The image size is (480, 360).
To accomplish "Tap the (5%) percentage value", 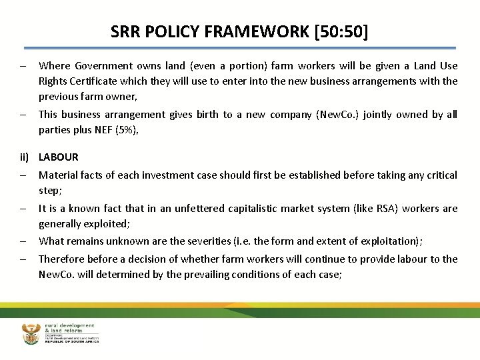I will tap(127, 130).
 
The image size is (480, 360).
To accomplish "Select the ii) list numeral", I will tap(26, 157).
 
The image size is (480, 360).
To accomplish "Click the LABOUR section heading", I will tap(59, 157).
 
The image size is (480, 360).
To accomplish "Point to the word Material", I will tap(59, 175).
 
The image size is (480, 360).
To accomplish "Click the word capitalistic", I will tap(258, 209).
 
